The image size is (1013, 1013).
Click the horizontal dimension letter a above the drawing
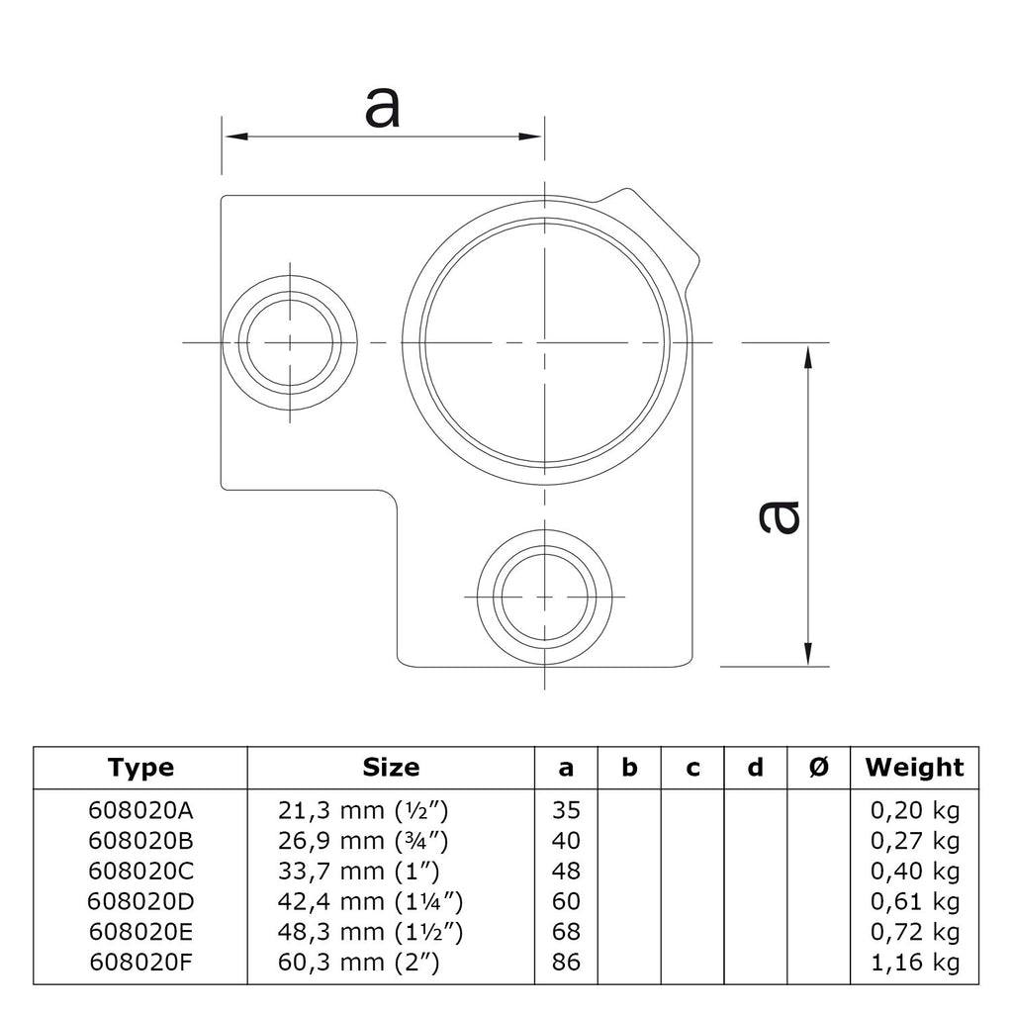point(383,107)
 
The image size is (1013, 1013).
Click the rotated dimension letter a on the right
point(780,517)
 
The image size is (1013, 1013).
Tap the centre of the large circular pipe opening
point(545,341)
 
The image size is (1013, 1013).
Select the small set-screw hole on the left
point(290,342)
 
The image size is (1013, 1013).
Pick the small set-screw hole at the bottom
point(545,597)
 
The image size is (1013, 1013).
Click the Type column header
point(140,768)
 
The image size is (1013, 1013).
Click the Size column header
point(391,768)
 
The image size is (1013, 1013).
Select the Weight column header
point(915,768)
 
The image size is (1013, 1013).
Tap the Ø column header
point(818,768)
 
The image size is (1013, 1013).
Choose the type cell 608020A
point(140,810)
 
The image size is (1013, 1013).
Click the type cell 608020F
point(140,962)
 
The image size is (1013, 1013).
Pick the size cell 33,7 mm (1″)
point(358,871)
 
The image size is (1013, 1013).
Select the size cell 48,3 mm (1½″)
point(370,932)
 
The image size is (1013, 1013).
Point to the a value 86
point(566,962)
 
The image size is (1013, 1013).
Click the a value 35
point(566,810)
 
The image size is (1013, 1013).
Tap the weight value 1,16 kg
point(915,962)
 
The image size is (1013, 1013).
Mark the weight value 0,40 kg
point(915,871)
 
